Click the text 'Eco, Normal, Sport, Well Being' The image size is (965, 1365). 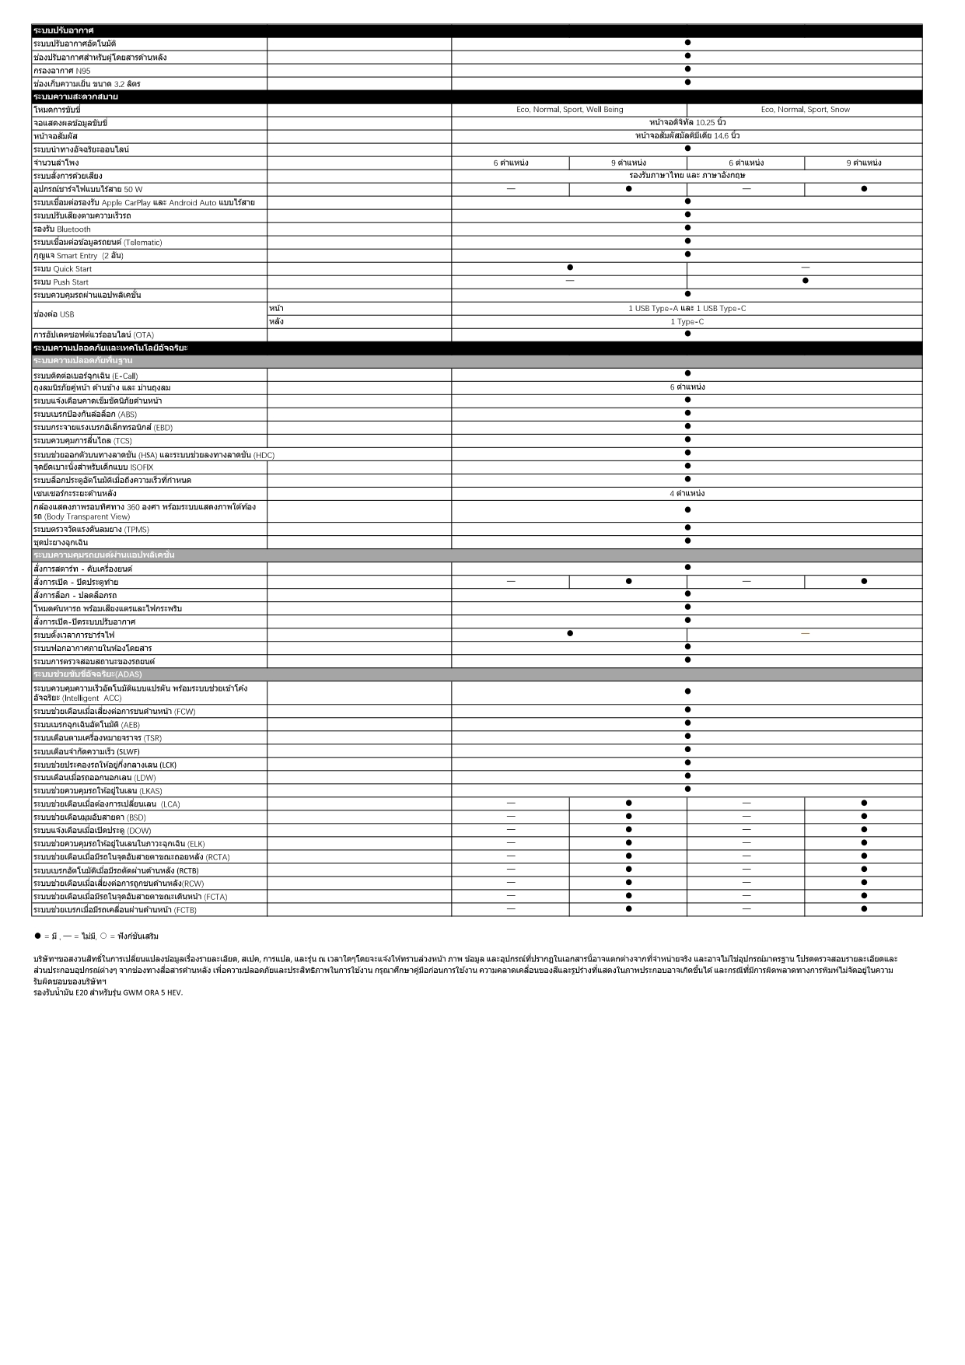click(x=569, y=110)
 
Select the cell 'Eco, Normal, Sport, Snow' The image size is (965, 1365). click(x=805, y=110)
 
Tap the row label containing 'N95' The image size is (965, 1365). click(x=62, y=71)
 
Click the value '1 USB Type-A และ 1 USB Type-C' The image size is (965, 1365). click(x=687, y=309)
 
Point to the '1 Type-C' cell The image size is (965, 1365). click(x=687, y=322)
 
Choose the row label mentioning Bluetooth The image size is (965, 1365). click(x=62, y=229)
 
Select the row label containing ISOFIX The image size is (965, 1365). click(x=93, y=467)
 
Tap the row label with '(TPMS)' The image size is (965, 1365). click(x=91, y=530)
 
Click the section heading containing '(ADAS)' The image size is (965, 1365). click(x=88, y=674)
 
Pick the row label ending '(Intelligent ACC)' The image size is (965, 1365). click(x=140, y=693)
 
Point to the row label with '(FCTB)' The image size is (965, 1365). click(x=115, y=910)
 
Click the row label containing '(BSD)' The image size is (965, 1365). click(x=89, y=817)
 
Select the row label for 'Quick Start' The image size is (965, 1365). click(x=62, y=269)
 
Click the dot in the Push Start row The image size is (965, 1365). click(x=805, y=281)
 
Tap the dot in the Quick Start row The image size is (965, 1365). click(x=570, y=268)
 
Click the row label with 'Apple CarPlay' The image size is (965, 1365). click(x=144, y=203)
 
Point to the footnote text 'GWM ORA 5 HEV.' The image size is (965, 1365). click(x=152, y=992)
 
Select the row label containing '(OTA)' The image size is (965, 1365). click(x=93, y=335)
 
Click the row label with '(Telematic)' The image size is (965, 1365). click(x=97, y=243)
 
